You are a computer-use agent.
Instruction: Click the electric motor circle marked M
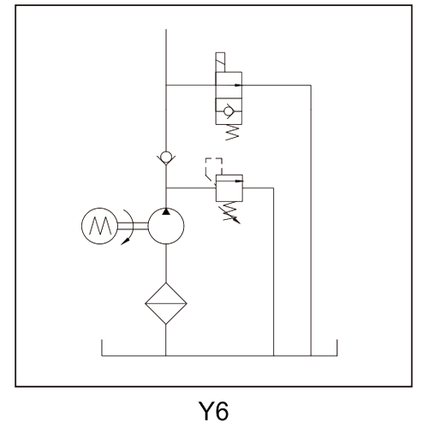99,208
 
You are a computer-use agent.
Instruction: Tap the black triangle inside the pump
166,211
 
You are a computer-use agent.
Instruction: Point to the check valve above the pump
166,158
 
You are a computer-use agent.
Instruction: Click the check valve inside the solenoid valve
229,111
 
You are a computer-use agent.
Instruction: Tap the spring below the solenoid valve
232,133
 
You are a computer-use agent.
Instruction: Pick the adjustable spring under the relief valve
232,211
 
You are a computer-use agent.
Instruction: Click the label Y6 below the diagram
213,411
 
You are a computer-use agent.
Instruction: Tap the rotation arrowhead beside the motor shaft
125,241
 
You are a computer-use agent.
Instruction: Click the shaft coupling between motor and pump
133,226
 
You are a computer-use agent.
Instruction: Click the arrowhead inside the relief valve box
239,181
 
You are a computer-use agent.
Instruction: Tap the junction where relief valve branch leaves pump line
166,188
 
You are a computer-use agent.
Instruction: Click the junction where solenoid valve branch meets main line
166,85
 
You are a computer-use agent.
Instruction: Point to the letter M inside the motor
100,225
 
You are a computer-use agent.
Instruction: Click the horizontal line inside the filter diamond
166,303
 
